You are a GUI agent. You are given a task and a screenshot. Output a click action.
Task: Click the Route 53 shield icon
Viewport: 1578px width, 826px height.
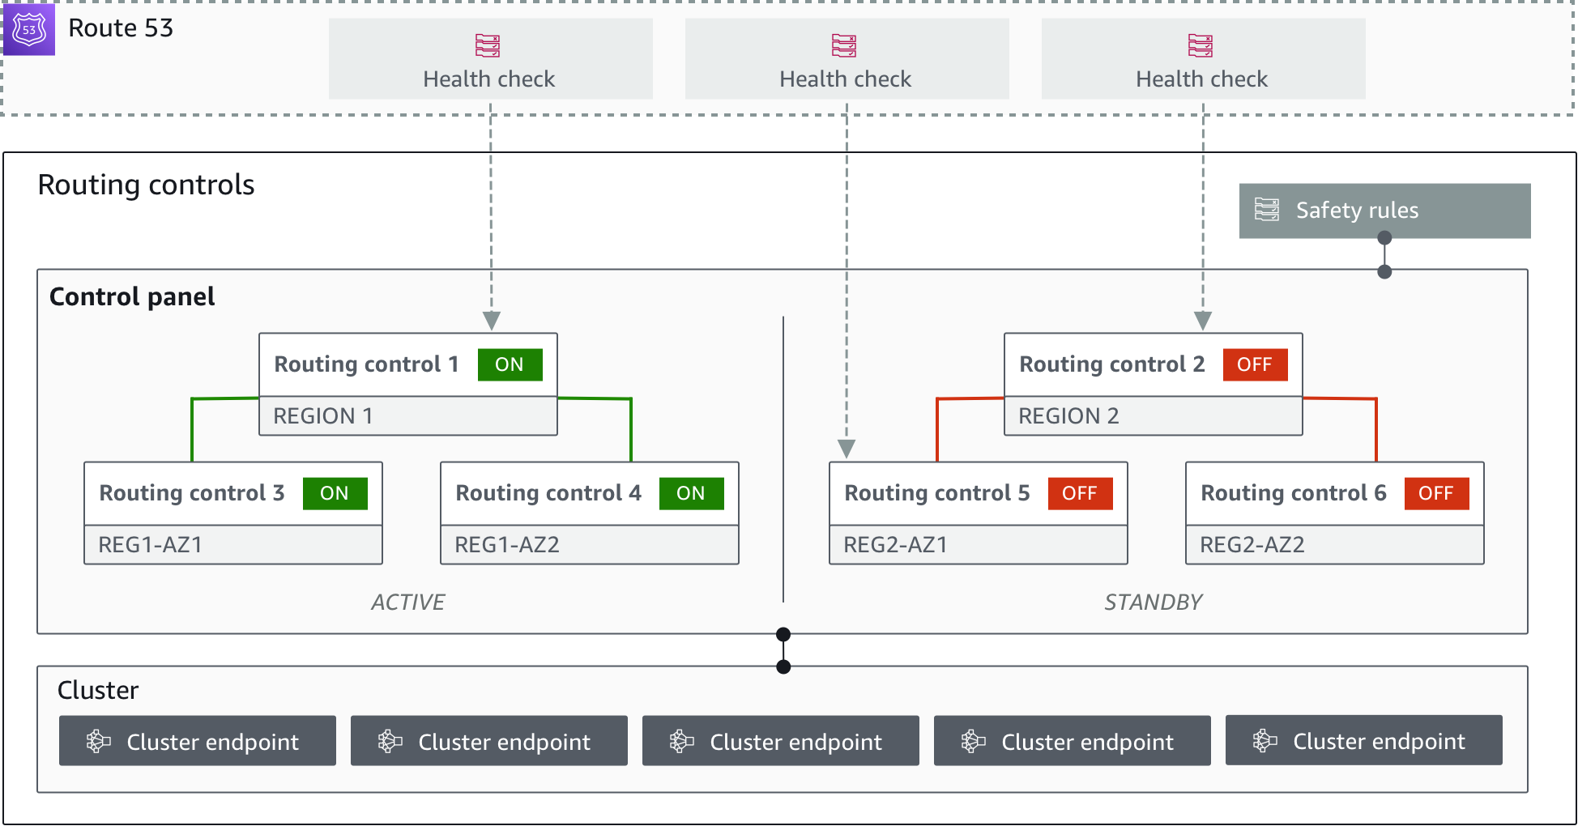[28, 29]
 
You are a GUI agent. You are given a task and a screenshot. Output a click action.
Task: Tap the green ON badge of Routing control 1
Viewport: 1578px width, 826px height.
[510, 364]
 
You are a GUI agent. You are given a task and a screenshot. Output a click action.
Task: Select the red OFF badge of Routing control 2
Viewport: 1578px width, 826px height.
[1254, 364]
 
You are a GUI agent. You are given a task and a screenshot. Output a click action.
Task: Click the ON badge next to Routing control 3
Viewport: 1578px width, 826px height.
[335, 493]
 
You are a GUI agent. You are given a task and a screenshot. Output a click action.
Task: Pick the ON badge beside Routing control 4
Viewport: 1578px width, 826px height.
[691, 493]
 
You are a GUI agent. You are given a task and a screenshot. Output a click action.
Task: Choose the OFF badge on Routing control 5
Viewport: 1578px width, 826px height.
[1080, 493]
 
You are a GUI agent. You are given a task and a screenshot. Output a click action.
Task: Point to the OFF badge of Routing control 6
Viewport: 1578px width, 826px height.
[1436, 493]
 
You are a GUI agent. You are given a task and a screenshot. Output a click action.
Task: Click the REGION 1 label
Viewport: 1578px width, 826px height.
[322, 416]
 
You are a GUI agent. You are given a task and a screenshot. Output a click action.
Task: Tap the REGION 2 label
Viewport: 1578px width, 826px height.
[1068, 416]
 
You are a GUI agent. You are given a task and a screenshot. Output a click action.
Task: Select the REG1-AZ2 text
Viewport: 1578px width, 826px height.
[506, 545]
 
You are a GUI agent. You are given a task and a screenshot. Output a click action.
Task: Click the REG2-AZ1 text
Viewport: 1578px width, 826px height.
[895, 545]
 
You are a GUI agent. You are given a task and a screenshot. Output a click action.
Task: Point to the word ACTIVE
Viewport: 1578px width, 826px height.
[407, 602]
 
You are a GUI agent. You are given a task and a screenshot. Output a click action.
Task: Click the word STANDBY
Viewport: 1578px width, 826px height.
[1153, 602]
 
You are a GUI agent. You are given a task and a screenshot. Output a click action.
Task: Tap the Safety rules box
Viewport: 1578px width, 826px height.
[1384, 211]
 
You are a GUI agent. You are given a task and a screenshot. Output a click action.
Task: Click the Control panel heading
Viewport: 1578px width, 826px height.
[132, 297]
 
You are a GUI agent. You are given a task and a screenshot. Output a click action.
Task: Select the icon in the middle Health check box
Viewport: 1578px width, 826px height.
[844, 46]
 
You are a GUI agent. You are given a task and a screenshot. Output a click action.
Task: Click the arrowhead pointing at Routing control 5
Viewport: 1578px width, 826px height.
[847, 449]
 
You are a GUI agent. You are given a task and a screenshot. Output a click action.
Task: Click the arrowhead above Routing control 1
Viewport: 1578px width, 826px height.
[491, 321]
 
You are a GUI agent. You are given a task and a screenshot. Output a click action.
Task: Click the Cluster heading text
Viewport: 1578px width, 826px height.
[98, 691]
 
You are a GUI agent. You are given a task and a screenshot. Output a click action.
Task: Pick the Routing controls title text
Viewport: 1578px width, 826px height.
[146, 185]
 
